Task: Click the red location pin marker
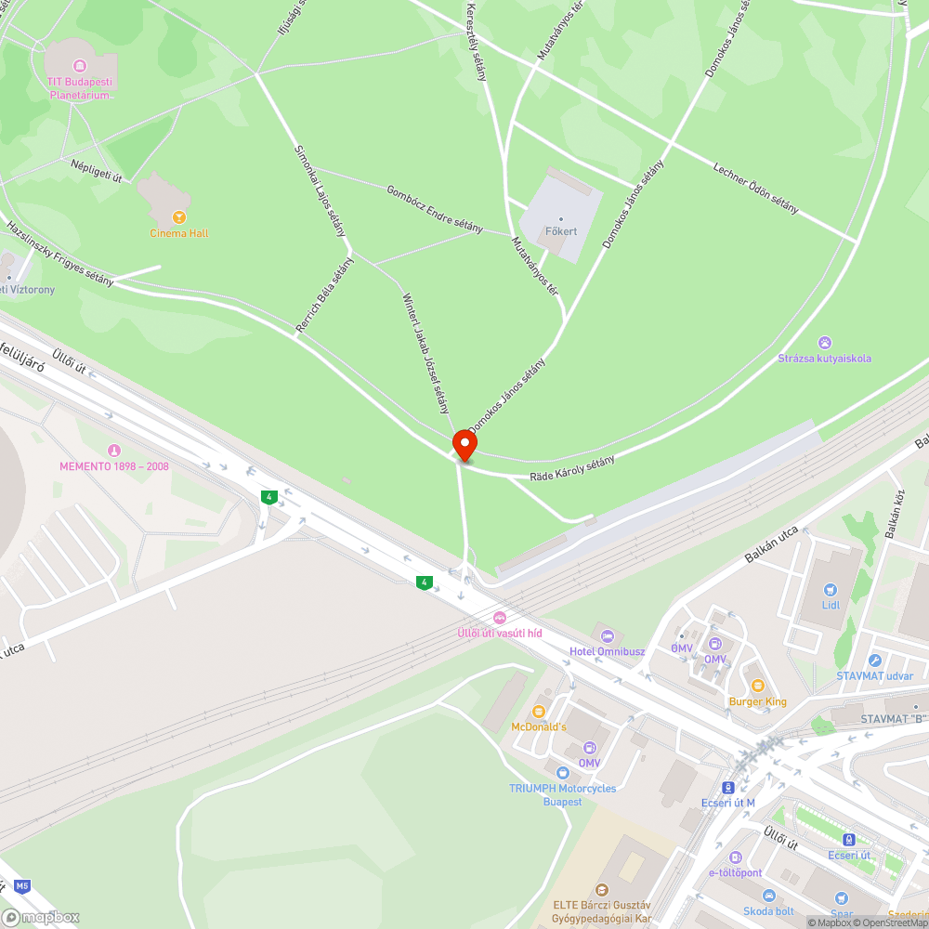tap(464, 445)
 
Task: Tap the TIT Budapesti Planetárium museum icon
tap(80, 66)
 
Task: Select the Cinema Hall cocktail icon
tap(179, 217)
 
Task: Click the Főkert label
tap(560, 231)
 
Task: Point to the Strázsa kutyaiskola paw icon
tap(826, 343)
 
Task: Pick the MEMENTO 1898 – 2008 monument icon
tap(114, 451)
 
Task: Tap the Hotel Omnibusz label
tap(607, 651)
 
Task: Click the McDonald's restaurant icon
tap(538, 711)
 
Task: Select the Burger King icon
tap(757, 686)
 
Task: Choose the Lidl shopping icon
tap(831, 589)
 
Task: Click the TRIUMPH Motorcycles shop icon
tap(562, 772)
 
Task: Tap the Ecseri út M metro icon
tap(729, 787)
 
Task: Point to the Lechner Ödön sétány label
tap(755, 189)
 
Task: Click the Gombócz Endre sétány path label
tap(434, 209)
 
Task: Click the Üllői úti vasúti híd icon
tap(500, 618)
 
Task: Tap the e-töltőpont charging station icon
tap(736, 857)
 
